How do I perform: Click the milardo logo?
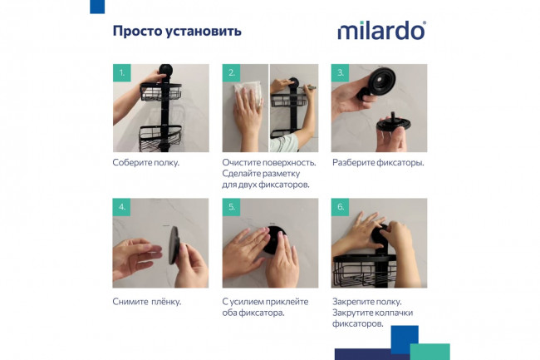click(x=381, y=31)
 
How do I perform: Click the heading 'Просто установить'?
click(x=177, y=32)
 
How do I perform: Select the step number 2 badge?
click(x=231, y=73)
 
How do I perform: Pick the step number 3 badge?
click(x=340, y=73)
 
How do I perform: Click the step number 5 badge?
click(x=231, y=207)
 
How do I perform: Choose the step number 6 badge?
click(x=340, y=207)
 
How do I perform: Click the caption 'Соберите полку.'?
click(x=146, y=162)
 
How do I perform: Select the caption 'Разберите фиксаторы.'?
click(x=378, y=162)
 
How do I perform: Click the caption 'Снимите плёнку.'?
click(x=147, y=301)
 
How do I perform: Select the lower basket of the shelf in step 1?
click(x=161, y=137)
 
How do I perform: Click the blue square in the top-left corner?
click(x=97, y=7)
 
